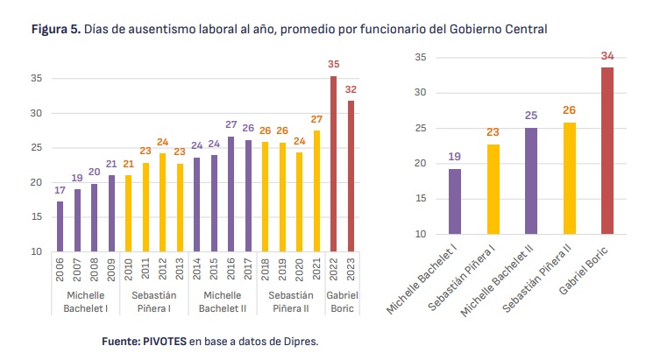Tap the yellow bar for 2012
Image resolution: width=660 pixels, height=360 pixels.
[x=162, y=202]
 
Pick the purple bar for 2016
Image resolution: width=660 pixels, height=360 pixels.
[x=231, y=194]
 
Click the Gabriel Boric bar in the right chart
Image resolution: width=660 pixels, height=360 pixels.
[x=607, y=151]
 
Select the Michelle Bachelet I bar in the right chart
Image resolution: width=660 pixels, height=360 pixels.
[x=455, y=201]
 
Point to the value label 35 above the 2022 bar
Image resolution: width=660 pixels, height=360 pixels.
[x=333, y=65]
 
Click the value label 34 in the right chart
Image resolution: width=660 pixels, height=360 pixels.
[x=607, y=56]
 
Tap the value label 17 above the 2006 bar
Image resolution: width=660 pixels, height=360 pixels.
[x=59, y=190]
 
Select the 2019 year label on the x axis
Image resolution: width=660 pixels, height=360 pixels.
[x=282, y=269]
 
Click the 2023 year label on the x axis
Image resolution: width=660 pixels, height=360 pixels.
[x=351, y=269]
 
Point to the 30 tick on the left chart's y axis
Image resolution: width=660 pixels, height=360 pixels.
[x=37, y=114]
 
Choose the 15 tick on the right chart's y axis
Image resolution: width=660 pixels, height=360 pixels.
[x=421, y=199]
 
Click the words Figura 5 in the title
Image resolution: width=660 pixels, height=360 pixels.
[x=55, y=29]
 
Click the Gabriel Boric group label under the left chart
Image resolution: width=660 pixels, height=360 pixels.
[x=342, y=302]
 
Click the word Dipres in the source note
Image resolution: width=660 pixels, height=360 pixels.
[x=300, y=341]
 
